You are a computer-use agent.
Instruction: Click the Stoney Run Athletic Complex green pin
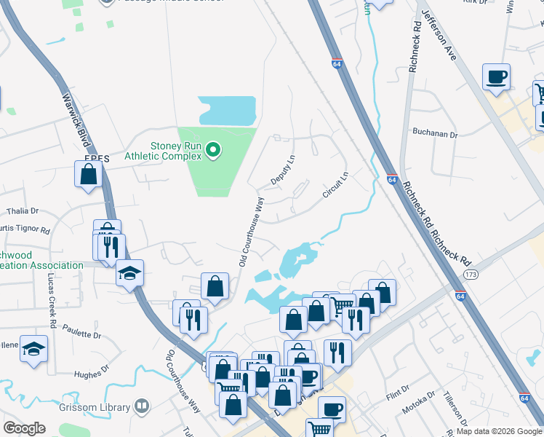(213, 151)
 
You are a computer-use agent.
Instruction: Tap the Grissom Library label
(100, 407)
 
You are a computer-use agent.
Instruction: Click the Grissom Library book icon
(143, 407)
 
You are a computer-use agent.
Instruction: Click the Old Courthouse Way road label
(249, 231)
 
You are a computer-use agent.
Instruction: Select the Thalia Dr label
(22, 211)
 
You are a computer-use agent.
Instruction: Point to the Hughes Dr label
(91, 374)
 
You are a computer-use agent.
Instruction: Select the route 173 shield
(471, 273)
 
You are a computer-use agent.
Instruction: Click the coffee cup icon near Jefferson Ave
(497, 77)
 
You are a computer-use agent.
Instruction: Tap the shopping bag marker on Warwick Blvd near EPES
(88, 175)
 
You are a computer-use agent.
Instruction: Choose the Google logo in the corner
(25, 428)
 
